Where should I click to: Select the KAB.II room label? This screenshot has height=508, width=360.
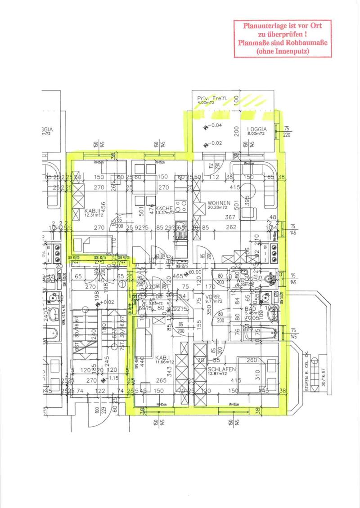(92, 210)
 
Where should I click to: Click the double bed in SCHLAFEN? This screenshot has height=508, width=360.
(256, 374)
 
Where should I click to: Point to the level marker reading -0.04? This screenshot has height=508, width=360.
(214, 126)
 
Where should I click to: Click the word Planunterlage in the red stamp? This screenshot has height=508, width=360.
(263, 26)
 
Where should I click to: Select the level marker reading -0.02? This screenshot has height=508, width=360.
(214, 144)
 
